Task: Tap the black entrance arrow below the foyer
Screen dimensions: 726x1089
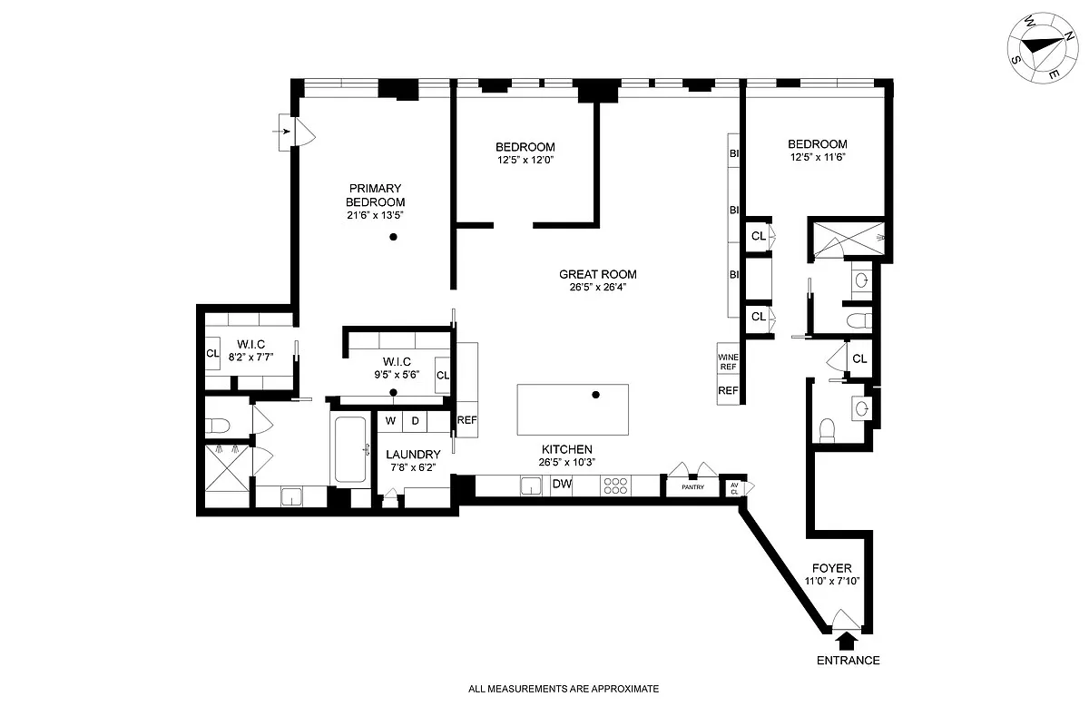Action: (846, 641)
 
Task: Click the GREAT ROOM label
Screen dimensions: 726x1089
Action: (597, 274)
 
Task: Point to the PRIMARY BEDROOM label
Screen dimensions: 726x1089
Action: (375, 195)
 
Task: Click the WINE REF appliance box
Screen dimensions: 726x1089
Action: (728, 362)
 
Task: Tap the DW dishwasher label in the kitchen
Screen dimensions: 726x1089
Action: (562, 485)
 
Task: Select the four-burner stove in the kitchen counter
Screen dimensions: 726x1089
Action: (615, 486)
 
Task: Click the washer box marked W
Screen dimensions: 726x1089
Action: (391, 421)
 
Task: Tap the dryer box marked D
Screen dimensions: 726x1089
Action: (416, 421)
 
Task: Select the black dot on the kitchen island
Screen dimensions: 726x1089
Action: (596, 395)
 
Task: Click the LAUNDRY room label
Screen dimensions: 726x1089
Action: (413, 455)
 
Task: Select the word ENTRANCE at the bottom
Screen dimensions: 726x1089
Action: (848, 661)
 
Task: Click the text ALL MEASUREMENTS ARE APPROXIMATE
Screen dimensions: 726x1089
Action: (563, 689)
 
